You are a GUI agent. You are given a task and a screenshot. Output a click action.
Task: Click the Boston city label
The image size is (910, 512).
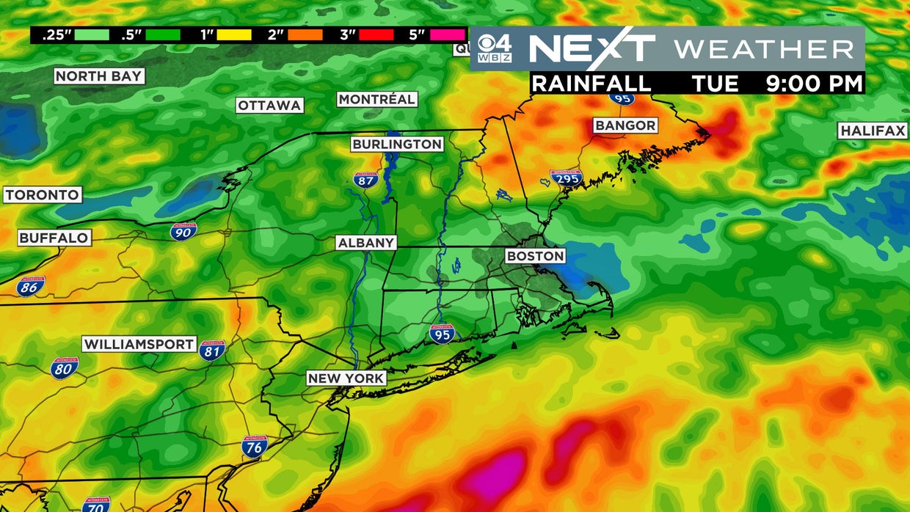click(x=536, y=256)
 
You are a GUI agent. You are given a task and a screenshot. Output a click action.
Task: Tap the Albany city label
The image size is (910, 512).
click(x=366, y=243)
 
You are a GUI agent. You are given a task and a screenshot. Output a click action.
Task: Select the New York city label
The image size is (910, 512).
click(x=346, y=378)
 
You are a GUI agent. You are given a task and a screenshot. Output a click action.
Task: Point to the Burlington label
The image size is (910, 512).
click(x=397, y=145)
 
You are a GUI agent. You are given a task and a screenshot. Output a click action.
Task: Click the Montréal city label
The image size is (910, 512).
click(x=377, y=99)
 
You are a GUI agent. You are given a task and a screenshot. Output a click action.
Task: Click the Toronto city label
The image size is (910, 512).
click(x=42, y=195)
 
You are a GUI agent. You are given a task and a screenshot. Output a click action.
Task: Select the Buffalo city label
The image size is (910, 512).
click(x=54, y=238)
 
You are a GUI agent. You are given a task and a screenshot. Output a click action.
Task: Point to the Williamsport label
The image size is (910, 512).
click(x=139, y=344)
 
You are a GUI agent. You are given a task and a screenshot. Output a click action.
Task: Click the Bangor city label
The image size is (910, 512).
click(x=625, y=125)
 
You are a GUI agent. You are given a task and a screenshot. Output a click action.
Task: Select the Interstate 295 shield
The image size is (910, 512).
click(x=566, y=178)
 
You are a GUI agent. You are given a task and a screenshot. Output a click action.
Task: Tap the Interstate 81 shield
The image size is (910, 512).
click(x=211, y=350)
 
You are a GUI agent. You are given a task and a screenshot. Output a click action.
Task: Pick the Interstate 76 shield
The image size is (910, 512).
click(x=254, y=446)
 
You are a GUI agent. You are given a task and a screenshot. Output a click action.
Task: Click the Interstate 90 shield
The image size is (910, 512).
click(x=183, y=231)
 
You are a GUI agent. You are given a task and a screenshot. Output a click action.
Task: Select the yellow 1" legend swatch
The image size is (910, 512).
click(x=234, y=34)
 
